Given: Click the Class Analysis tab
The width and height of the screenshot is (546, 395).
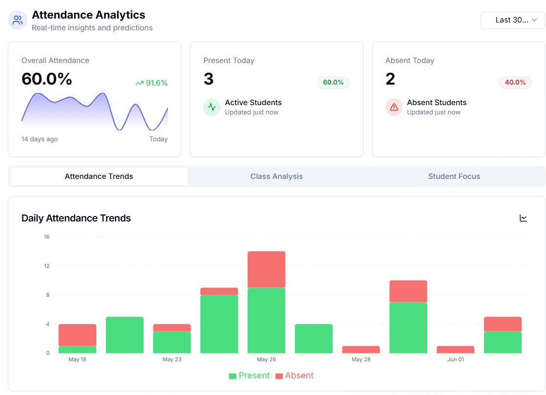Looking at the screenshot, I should click(x=276, y=176).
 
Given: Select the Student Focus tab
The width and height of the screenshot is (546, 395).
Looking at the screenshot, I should click(x=454, y=176).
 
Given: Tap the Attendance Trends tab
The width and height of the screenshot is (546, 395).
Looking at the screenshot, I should click(x=99, y=176).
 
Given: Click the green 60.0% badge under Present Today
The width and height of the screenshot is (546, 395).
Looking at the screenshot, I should click(x=333, y=83).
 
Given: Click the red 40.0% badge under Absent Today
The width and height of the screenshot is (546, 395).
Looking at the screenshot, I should click(x=515, y=83).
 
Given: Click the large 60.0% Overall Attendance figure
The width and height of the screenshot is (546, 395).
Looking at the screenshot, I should click(x=47, y=79).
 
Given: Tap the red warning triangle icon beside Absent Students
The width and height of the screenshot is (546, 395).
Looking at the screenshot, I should click(x=394, y=107).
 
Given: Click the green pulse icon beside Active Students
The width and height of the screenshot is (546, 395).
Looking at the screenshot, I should click(x=211, y=107).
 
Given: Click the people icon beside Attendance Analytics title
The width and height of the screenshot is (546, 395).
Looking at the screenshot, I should click(x=18, y=20).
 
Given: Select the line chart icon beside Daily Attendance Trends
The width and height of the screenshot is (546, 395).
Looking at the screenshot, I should click(x=523, y=218).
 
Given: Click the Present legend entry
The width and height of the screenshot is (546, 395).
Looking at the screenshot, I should click(x=249, y=375).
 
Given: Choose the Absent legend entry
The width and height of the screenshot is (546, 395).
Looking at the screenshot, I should click(x=294, y=375).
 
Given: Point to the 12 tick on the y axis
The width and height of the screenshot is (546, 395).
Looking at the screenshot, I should click(x=47, y=266).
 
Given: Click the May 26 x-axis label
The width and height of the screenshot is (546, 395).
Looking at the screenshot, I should click(x=266, y=359).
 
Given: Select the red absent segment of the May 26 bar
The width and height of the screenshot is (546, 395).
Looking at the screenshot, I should click(x=266, y=269).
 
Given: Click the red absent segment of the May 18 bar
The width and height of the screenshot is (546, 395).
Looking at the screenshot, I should click(x=77, y=335).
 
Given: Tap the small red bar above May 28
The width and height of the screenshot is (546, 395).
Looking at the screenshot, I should click(x=361, y=350).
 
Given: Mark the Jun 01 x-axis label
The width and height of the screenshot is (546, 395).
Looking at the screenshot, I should click(x=455, y=359).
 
